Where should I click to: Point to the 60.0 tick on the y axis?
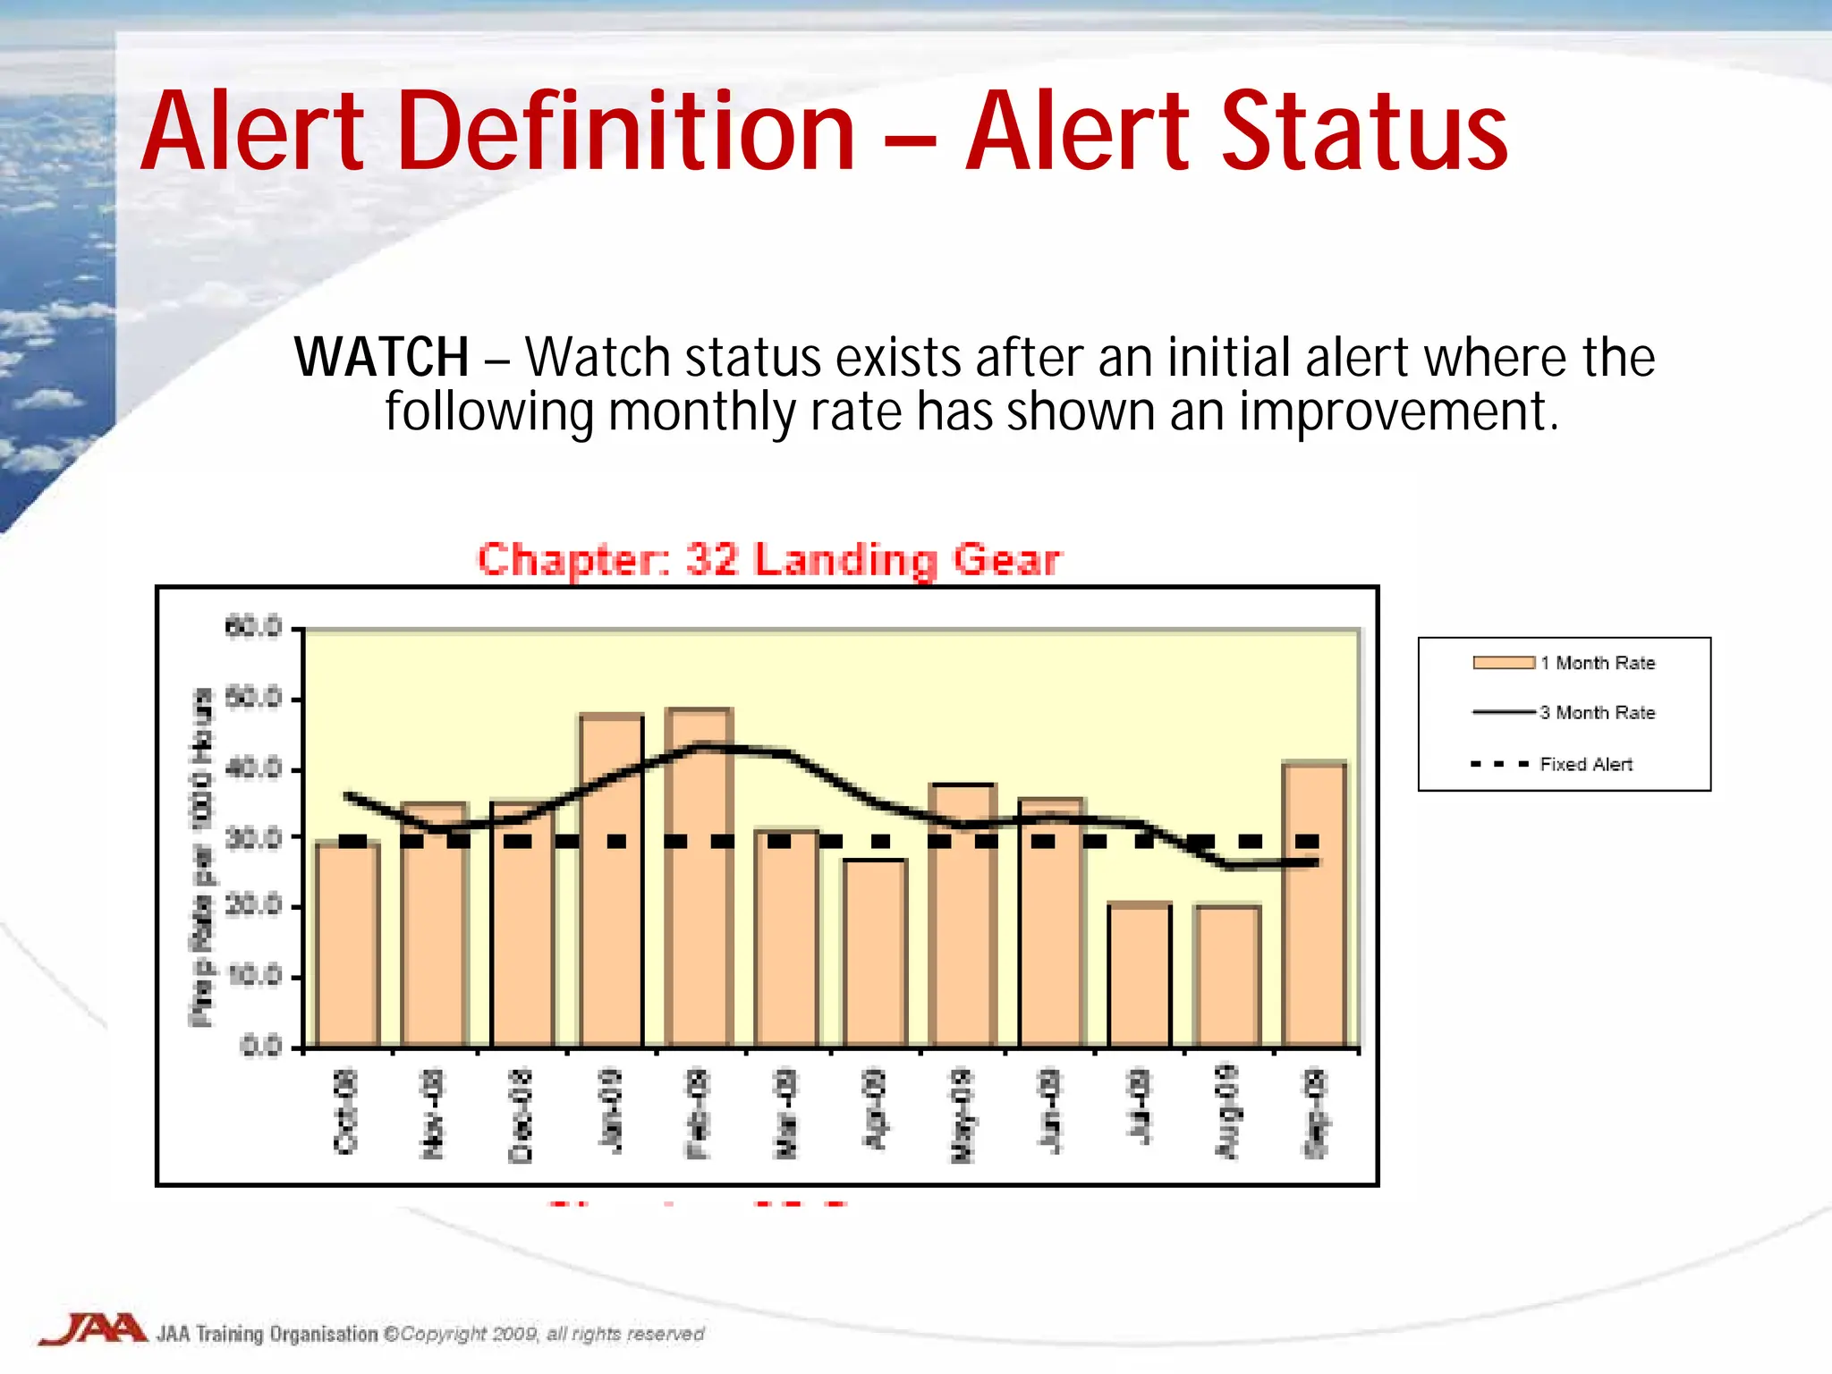pyautogui.click(x=254, y=627)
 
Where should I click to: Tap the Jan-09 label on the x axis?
pyautogui.click(x=611, y=1111)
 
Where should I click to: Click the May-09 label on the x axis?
pyautogui.click(x=962, y=1115)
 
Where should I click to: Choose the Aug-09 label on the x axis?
pyautogui.click(x=1226, y=1111)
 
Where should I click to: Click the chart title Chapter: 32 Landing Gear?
pyautogui.click(x=768, y=561)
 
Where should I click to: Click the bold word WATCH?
pyautogui.click(x=382, y=358)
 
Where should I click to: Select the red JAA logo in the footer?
pyautogui.click(x=93, y=1329)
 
